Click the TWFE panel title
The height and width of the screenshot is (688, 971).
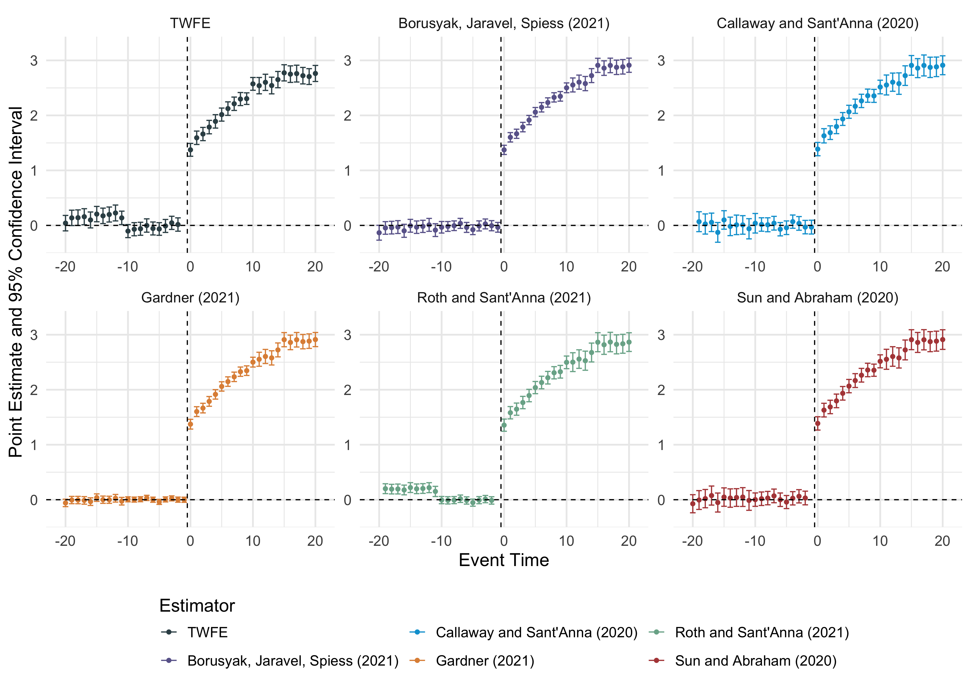(x=190, y=23)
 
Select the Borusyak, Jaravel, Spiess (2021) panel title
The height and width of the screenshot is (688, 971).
(x=504, y=23)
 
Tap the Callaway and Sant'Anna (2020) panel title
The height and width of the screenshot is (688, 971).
(x=817, y=23)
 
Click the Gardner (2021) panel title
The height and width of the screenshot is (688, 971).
(x=190, y=298)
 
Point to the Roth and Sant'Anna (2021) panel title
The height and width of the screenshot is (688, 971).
(x=504, y=298)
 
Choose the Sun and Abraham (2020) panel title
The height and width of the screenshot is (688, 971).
(x=817, y=298)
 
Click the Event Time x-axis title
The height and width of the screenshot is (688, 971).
(x=504, y=560)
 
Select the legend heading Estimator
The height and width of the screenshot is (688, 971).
(x=197, y=606)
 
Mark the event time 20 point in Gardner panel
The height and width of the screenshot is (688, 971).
(x=315, y=340)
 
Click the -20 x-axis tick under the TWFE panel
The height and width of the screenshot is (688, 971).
(x=65, y=267)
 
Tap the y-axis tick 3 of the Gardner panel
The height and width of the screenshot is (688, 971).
(x=34, y=335)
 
